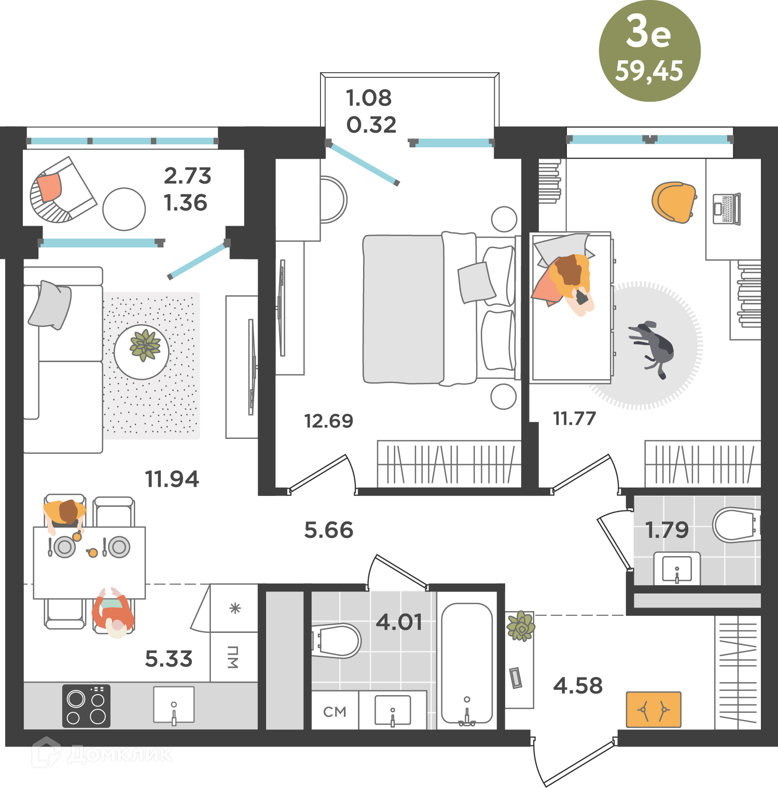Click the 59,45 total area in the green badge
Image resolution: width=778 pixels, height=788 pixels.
click(649, 72)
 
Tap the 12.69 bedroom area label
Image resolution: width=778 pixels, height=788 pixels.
click(329, 421)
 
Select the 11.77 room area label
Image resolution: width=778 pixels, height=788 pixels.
click(575, 418)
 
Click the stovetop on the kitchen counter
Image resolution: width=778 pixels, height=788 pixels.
click(86, 706)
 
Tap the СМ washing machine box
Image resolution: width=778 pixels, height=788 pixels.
click(335, 710)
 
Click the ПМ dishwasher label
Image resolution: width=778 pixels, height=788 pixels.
click(233, 657)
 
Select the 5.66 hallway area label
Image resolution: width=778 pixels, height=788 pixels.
click(329, 530)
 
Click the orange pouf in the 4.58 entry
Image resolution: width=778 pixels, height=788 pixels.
click(654, 710)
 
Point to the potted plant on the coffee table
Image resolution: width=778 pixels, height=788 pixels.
click(145, 345)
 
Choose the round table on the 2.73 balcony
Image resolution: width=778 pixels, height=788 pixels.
click(124, 209)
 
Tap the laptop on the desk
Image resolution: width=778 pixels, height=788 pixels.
click(727, 209)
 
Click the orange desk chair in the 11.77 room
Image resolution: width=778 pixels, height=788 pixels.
click(674, 202)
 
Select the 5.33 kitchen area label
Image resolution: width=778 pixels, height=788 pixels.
click(169, 659)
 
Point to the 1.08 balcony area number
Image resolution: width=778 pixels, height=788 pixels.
click(369, 98)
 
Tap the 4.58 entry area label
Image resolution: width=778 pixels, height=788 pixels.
click(578, 686)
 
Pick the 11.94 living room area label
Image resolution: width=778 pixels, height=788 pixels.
click(172, 479)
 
